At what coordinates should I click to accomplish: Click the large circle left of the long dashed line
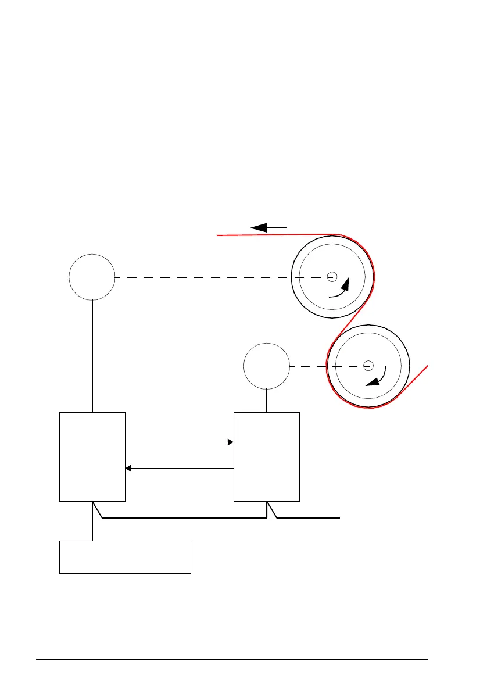point(92,277)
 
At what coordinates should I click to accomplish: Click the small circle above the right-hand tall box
point(266,366)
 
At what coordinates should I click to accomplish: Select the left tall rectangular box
point(92,456)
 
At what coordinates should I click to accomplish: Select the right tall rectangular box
point(267,456)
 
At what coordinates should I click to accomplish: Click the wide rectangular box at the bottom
point(125,557)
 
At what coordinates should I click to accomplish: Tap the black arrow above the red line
point(269,227)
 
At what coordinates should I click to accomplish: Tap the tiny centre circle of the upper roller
point(331,277)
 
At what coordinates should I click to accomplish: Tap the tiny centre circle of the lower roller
point(367,366)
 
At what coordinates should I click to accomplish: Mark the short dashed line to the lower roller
point(308,366)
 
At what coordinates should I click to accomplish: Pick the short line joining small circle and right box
point(267,400)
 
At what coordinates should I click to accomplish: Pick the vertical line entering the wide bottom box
point(92,523)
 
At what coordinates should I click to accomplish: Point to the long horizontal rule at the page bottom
point(232,660)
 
